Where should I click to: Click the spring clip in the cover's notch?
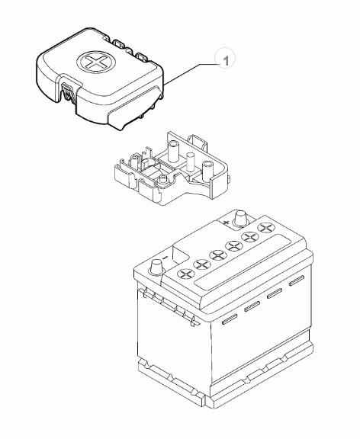[68, 91]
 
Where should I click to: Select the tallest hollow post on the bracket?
[173, 151]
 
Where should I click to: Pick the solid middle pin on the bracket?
[191, 161]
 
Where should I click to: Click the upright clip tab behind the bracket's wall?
[198, 143]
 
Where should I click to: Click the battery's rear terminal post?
[241, 217]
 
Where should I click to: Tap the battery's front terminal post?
[156, 267]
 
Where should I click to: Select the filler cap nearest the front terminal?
[186, 274]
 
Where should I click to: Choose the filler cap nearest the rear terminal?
[265, 227]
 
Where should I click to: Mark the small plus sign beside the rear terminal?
[226, 223]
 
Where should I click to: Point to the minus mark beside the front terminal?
[166, 256]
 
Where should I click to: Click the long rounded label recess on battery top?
[243, 262]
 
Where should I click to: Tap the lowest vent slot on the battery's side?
[230, 319]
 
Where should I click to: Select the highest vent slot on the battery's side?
[297, 280]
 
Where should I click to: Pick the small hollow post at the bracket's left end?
[134, 160]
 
